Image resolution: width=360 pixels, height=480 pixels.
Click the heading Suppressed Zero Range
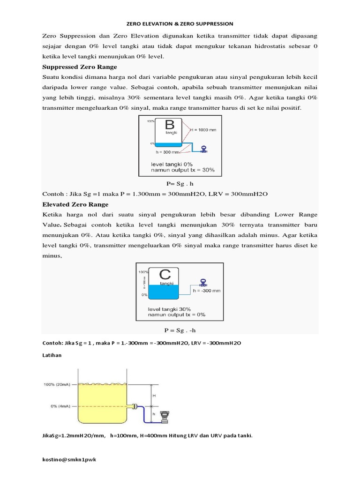point(80,67)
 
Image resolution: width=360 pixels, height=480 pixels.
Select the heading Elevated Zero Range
point(75,204)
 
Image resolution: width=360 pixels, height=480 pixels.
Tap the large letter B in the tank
point(170,125)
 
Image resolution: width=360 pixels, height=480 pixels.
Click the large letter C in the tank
point(165,275)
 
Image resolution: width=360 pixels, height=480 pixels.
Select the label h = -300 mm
point(207,291)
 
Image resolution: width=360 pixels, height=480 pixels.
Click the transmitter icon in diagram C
point(203,283)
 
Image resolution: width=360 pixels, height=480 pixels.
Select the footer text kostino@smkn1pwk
point(69,460)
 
